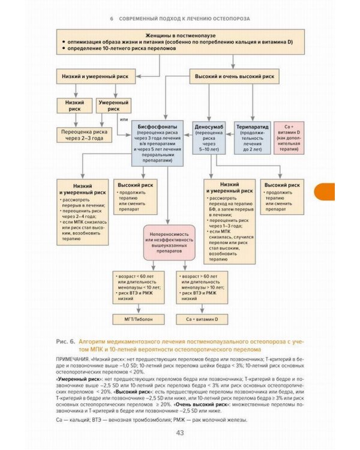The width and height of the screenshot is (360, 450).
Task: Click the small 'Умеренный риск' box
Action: click(x=113, y=106)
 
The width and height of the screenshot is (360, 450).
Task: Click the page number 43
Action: click(x=179, y=433)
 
